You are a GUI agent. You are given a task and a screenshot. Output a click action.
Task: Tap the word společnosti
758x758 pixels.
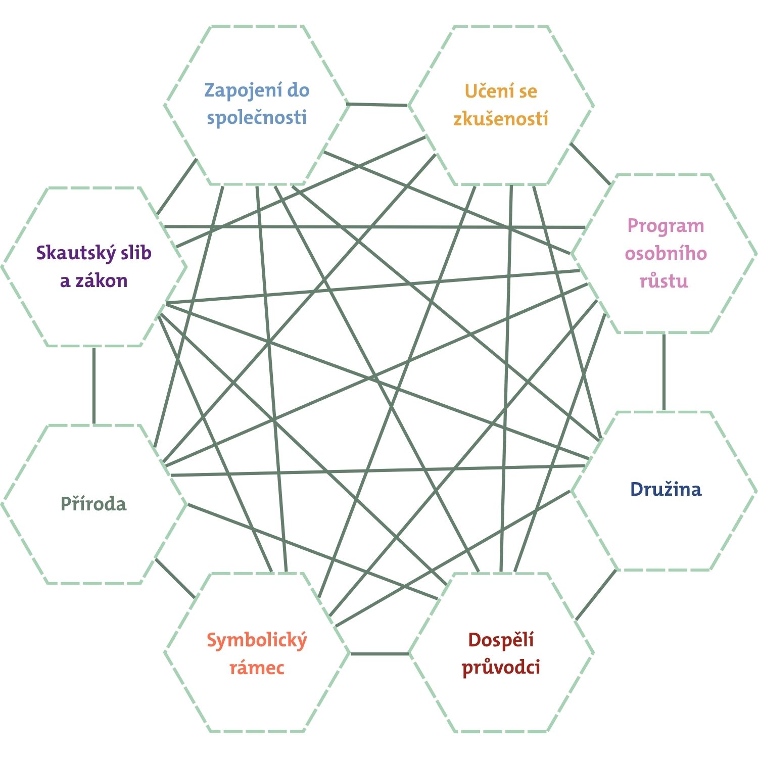point(257,118)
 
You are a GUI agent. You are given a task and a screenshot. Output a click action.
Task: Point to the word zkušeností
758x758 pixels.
point(501,119)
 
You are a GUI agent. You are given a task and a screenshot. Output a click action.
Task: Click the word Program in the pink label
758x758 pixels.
point(666,226)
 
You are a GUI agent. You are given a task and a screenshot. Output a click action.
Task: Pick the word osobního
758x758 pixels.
point(666,253)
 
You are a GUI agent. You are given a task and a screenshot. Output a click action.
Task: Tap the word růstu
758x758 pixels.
point(664,280)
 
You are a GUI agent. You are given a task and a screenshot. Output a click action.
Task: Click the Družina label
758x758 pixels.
point(666,489)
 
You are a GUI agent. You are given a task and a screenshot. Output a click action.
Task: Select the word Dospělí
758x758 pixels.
point(501,640)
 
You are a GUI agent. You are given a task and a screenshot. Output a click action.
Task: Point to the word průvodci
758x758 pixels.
point(501,668)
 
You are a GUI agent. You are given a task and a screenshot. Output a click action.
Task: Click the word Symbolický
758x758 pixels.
point(257,641)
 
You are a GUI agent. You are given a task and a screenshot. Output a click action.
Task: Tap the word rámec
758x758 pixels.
point(257,668)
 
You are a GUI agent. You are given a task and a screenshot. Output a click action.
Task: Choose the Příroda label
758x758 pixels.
point(93,504)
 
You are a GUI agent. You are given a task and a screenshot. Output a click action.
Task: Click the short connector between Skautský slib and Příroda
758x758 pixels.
point(94,385)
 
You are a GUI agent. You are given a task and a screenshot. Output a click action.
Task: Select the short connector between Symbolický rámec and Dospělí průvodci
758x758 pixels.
point(379,654)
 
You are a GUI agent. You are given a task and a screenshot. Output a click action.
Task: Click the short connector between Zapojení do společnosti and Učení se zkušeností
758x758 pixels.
point(377,105)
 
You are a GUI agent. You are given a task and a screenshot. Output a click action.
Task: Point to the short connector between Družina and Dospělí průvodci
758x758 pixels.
point(596,594)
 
